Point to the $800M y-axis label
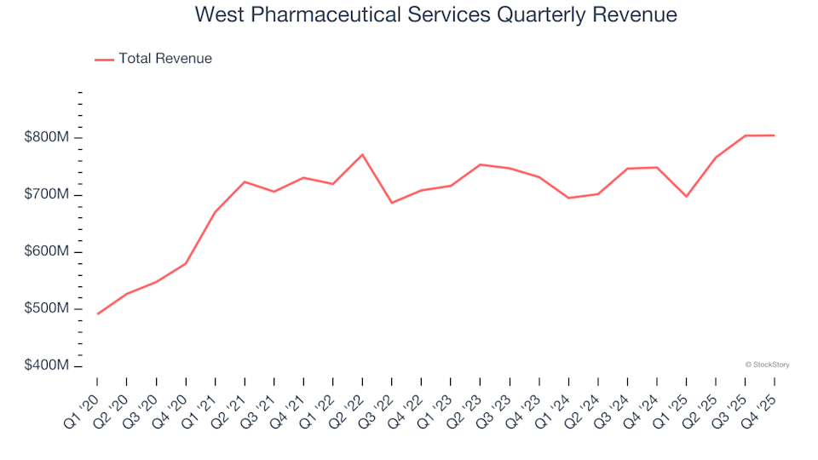[48, 137]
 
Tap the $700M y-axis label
[48, 194]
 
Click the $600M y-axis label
[48, 251]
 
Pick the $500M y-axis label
[48, 308]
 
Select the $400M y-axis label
[48, 365]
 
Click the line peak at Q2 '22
[362, 154]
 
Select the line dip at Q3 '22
[392, 203]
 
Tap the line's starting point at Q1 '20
[97, 314]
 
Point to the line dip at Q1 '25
[686, 197]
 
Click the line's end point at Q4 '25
[775, 135]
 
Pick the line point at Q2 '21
[245, 181]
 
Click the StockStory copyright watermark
[767, 365]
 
